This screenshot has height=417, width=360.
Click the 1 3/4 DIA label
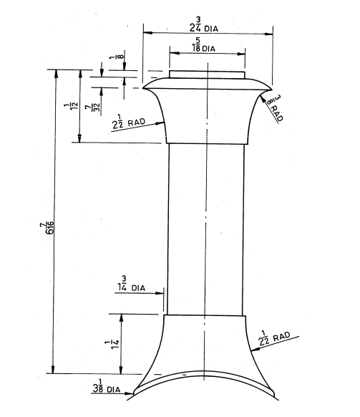[x=132, y=285]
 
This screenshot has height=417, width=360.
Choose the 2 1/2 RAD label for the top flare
[x=129, y=123]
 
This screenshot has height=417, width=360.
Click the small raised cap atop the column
[x=207, y=75]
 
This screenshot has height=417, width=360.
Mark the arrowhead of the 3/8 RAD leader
[x=261, y=92]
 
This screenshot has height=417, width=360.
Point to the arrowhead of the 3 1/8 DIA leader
[x=135, y=393]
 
